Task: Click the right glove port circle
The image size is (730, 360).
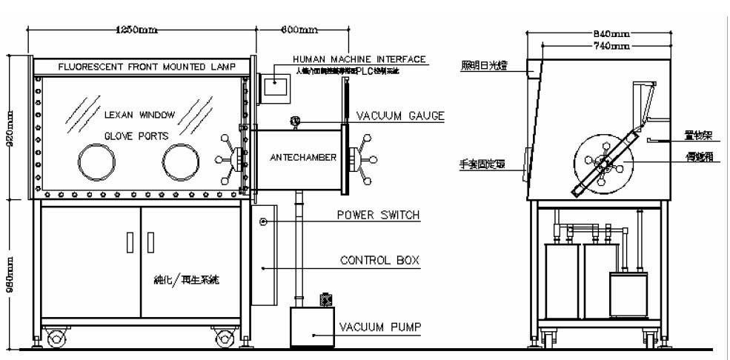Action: coord(182,160)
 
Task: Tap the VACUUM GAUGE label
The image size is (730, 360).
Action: coord(399,116)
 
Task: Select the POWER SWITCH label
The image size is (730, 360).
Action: coord(379,216)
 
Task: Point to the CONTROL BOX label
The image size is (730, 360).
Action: coord(379,261)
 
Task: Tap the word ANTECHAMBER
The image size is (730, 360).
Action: coord(304,158)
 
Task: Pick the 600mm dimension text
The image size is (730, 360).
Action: coord(300,29)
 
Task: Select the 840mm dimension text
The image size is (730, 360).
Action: coord(611,34)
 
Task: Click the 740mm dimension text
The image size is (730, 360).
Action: coord(611,46)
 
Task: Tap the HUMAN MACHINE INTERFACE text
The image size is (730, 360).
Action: coord(359,59)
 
